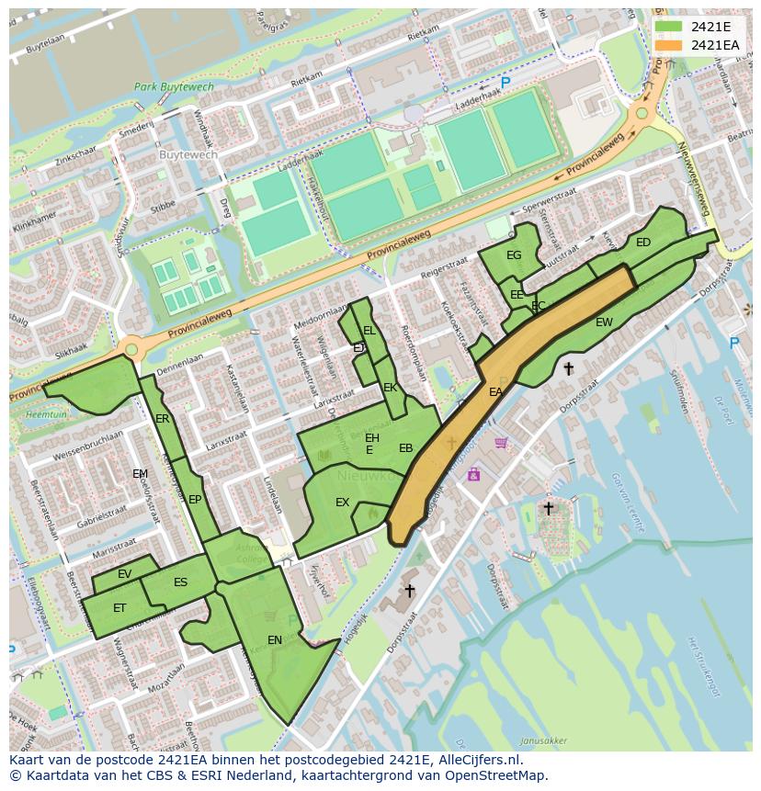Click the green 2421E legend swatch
click(669, 26)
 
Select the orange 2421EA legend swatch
click(669, 44)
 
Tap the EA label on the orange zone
click(495, 391)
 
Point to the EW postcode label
click(604, 322)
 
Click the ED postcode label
click(643, 243)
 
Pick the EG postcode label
click(514, 255)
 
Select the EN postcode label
click(275, 639)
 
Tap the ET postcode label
click(119, 608)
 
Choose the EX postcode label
click(342, 503)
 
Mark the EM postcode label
click(140, 474)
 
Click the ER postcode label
click(163, 419)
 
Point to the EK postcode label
click(390, 388)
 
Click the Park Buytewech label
click(174, 87)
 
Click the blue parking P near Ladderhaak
click(505, 83)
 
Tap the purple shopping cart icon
click(501, 443)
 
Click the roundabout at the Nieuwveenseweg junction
click(642, 114)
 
